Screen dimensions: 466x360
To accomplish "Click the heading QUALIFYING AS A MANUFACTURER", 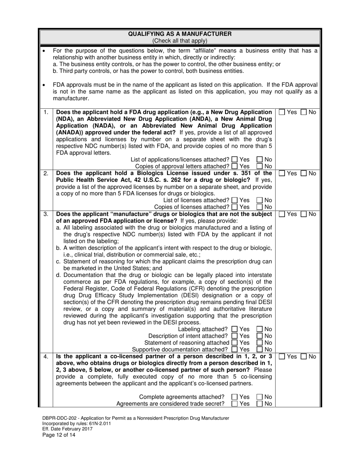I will tap(180, 34).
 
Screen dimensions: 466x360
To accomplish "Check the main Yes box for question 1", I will tap(282, 112).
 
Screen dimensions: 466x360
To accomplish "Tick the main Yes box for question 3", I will tap(282, 214).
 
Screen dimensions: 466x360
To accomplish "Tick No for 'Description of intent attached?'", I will tap(260, 336).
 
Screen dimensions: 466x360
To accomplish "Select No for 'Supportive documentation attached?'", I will tap(260, 349).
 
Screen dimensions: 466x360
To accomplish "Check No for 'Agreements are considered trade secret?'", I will tap(260, 403).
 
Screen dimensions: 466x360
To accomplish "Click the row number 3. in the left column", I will tap(45, 214).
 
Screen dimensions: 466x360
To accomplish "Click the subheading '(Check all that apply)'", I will tap(180, 41).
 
